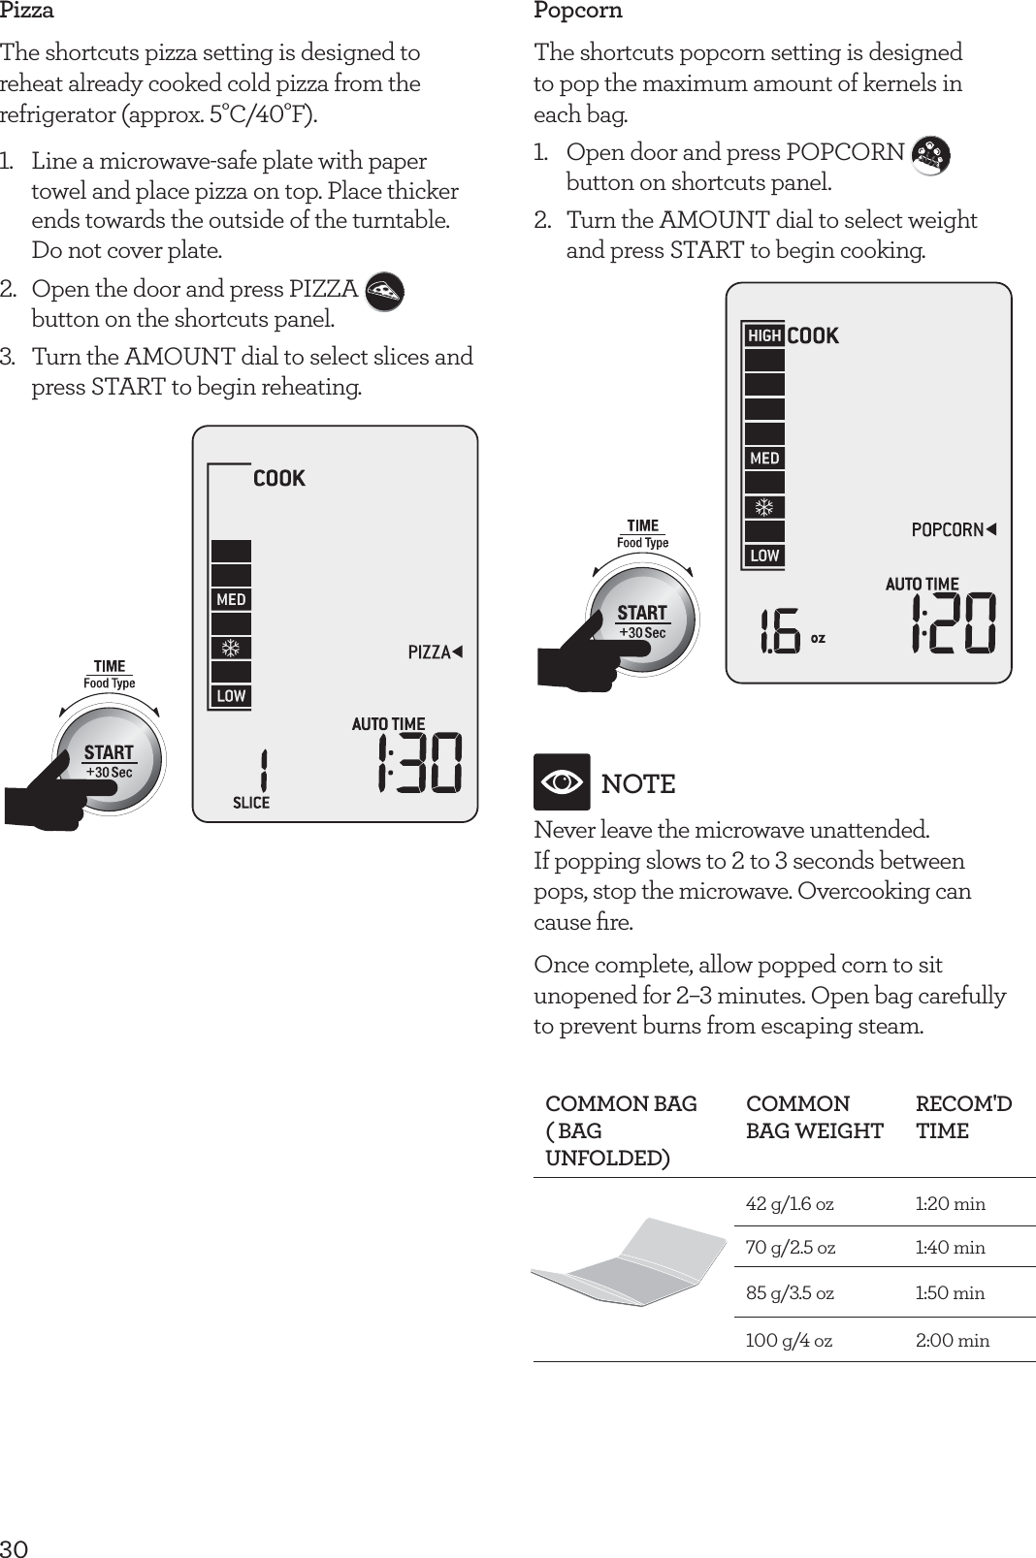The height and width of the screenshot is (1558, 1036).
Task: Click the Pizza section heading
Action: [x=27, y=12]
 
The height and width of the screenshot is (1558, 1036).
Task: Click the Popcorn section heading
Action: [x=578, y=12]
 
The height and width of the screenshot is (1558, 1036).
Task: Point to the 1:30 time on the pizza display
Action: [x=419, y=763]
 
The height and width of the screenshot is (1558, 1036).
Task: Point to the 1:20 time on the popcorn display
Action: [x=953, y=623]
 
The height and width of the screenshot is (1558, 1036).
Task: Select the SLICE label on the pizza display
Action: [x=251, y=803]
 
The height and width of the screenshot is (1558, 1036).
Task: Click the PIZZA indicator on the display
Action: [x=434, y=652]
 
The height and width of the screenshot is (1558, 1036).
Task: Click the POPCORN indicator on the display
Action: [x=954, y=529]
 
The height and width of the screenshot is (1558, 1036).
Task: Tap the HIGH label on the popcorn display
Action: [x=764, y=335]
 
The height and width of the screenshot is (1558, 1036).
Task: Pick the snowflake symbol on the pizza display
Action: [x=232, y=648]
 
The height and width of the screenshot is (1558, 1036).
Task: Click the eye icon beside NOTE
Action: [x=562, y=781]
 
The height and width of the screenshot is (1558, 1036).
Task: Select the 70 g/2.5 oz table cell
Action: [x=790, y=1248]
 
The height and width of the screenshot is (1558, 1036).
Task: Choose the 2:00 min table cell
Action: [x=953, y=1341]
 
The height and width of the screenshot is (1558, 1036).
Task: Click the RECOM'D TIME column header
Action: [x=962, y=1117]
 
